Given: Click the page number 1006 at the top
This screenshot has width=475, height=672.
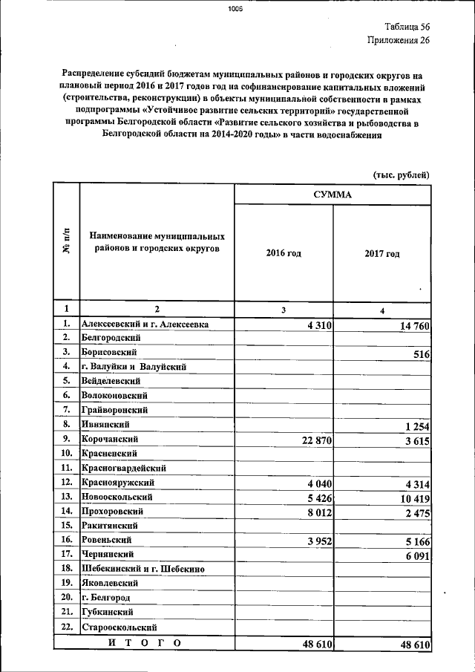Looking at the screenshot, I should (x=235, y=10).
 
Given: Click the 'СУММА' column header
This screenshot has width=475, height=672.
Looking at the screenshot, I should (x=332, y=195).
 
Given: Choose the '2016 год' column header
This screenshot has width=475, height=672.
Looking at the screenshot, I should (x=284, y=253).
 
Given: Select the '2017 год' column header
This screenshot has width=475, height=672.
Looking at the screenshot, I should (x=381, y=253).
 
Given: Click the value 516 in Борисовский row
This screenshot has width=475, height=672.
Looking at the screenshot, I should (x=422, y=355).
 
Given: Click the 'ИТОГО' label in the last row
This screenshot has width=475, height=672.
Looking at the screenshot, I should (x=144, y=643).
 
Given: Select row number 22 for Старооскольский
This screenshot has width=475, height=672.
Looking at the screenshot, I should (x=66, y=627).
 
